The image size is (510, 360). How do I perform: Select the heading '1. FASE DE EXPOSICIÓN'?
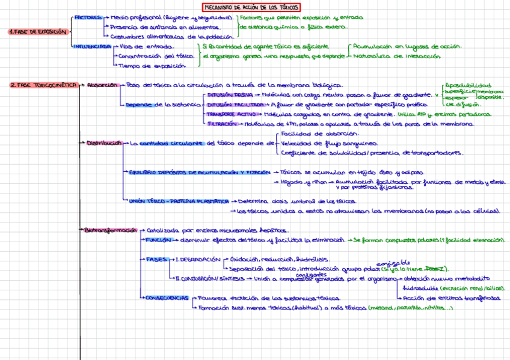(x=38, y=31)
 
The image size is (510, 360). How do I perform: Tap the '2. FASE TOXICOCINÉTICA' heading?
(x=43, y=85)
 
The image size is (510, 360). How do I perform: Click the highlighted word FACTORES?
(x=88, y=18)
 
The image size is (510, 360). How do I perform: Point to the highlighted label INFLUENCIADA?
(x=92, y=46)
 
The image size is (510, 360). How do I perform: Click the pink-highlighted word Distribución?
(x=103, y=143)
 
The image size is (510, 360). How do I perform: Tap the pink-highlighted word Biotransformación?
(x=111, y=230)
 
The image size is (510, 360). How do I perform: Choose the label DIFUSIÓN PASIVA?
(x=230, y=95)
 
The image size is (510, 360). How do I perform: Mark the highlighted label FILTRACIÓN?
(x=224, y=124)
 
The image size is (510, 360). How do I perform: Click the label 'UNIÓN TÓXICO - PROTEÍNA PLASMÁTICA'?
(x=179, y=201)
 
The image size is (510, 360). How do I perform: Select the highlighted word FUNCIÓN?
(x=159, y=240)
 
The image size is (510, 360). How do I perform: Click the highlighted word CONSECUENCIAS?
(x=167, y=297)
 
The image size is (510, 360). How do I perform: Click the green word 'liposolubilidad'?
(x=469, y=85)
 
